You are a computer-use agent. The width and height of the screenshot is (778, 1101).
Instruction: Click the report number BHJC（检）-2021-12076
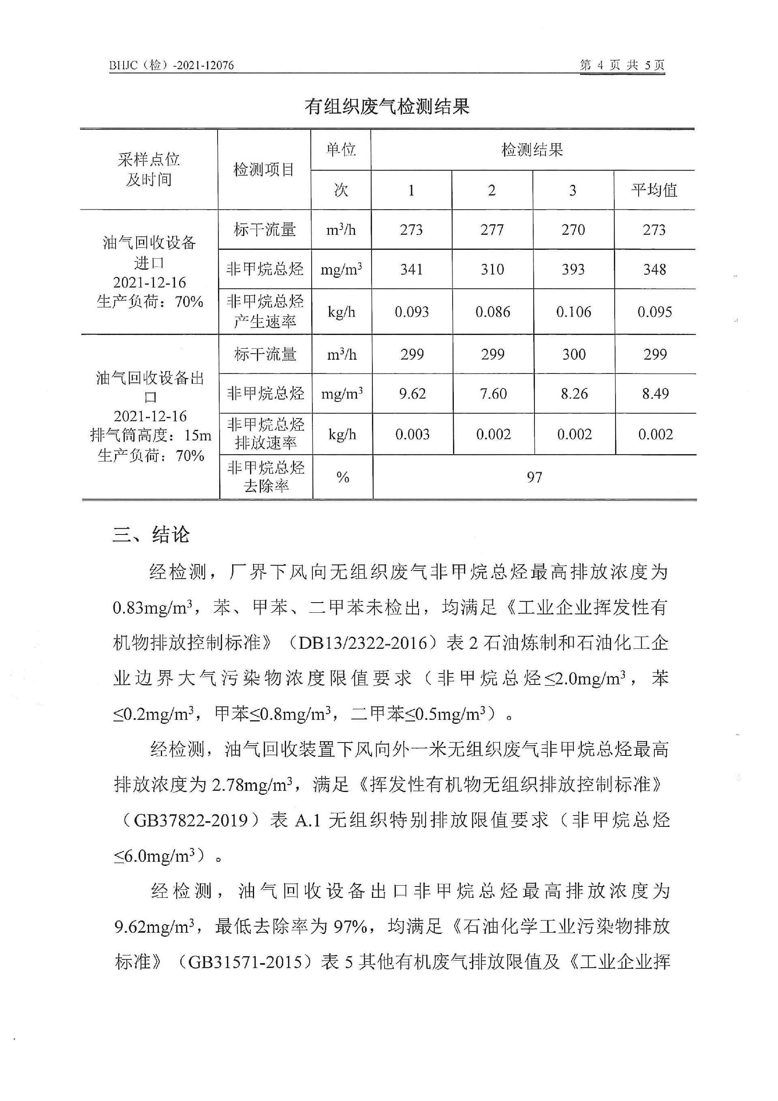click(171, 65)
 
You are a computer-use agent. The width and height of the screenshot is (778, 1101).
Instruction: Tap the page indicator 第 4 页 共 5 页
click(622, 65)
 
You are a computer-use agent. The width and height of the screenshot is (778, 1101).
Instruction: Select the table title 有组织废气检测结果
click(387, 107)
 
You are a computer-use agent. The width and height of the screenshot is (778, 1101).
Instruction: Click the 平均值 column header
click(654, 190)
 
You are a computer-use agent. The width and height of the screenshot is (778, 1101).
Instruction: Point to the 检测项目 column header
click(263, 169)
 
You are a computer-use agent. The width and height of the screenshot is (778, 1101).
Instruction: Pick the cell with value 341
click(412, 270)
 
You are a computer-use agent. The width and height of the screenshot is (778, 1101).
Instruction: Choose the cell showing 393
click(573, 270)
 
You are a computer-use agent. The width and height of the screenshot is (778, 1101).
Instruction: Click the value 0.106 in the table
click(573, 312)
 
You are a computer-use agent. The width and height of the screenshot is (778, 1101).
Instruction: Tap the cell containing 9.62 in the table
click(413, 394)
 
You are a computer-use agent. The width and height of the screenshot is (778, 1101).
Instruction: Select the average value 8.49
click(655, 394)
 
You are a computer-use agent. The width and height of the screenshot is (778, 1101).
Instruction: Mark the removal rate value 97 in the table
click(534, 477)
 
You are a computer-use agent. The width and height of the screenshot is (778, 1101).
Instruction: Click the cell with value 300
click(574, 354)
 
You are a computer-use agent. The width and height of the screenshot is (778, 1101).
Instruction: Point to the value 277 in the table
click(492, 230)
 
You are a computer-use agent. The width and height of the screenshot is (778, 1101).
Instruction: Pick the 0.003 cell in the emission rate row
click(413, 434)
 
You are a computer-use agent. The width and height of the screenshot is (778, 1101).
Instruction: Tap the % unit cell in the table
click(342, 477)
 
